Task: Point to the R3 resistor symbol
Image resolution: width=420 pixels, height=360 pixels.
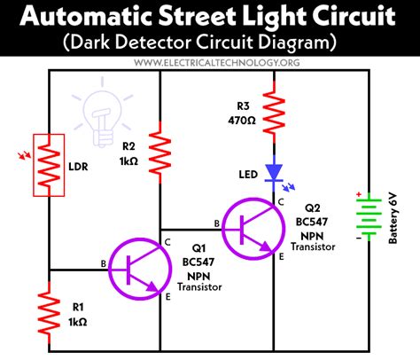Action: click(275, 113)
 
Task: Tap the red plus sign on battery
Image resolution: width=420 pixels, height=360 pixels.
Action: click(359, 195)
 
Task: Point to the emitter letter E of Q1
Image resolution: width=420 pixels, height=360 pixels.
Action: click(167, 298)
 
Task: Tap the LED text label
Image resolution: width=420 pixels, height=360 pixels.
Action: click(240, 174)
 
